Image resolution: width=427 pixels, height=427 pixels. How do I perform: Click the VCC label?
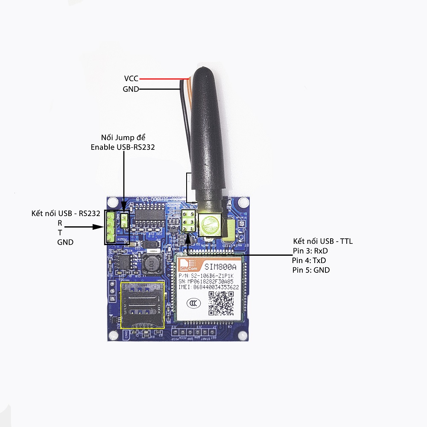[131, 79]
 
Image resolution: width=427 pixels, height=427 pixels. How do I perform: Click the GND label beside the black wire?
[130, 89]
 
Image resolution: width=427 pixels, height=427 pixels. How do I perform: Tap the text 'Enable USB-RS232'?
[123, 147]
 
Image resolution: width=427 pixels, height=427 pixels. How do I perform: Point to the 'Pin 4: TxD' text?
[310, 260]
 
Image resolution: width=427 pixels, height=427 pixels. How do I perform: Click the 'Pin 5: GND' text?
[311, 270]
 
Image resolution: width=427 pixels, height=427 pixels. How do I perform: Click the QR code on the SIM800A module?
[221, 304]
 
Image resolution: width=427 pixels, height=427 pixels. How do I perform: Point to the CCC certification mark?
[192, 304]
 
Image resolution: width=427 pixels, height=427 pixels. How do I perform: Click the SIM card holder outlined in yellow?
[142, 304]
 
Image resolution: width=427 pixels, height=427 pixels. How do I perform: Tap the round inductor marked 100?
[150, 265]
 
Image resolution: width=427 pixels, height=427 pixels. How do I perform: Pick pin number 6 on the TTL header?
[184, 214]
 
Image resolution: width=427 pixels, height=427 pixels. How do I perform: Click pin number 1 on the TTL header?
[192, 229]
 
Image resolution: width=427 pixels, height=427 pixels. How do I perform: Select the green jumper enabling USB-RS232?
[125, 220]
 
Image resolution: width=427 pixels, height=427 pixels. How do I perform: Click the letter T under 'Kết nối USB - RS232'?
[60, 233]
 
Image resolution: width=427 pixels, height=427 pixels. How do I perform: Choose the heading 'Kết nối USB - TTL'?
[323, 242]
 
